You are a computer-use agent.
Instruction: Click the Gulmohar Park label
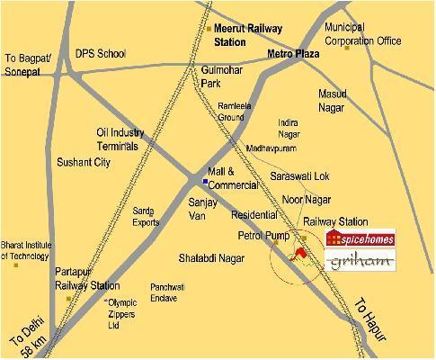220,76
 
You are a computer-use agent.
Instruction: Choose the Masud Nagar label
338,100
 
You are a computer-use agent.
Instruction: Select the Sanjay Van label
202,210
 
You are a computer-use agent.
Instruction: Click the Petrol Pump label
262,236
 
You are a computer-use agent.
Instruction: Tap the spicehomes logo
359,238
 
